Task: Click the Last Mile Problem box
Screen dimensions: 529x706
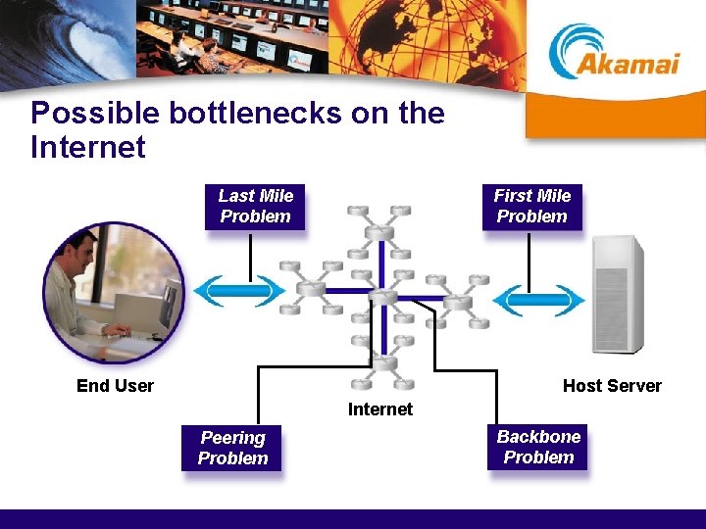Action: click(x=255, y=207)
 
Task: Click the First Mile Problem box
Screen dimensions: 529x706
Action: click(x=531, y=207)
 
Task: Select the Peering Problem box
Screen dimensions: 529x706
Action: click(x=232, y=448)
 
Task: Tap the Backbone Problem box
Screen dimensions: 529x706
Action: click(x=538, y=447)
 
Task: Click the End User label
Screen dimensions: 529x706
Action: click(x=115, y=386)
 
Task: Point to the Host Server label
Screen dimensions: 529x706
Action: click(x=612, y=386)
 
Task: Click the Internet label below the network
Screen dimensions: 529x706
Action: click(x=380, y=409)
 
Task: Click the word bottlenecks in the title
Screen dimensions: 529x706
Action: click(x=256, y=114)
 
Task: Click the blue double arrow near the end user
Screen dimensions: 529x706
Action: click(x=239, y=291)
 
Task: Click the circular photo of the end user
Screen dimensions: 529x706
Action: click(x=113, y=293)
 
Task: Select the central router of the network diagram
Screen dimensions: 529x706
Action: click(x=381, y=293)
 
